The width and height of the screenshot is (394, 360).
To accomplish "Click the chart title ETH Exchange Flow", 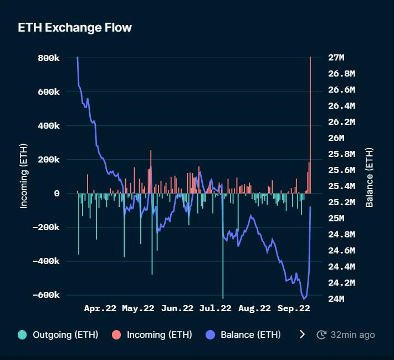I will (x=75, y=27).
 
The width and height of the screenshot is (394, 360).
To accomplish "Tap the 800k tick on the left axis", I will (x=49, y=58).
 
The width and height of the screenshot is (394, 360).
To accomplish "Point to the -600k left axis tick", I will (x=46, y=295).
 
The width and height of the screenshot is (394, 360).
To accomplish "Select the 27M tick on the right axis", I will (x=336, y=58).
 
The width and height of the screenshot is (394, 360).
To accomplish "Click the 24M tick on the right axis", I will (x=336, y=299).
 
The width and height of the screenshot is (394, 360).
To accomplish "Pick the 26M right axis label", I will (x=336, y=138).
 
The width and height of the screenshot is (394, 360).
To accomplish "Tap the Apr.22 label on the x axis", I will (x=99, y=308).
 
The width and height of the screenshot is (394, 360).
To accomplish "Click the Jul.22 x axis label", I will (x=215, y=308).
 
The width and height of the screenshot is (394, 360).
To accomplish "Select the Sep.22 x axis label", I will (x=293, y=308).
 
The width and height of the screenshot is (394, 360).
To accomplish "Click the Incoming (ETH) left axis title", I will (x=24, y=176).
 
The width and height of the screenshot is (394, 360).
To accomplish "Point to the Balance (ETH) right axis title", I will (x=369, y=178).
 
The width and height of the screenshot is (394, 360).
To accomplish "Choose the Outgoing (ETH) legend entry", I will (x=58, y=334).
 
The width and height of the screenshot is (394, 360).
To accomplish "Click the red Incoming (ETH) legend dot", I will (x=116, y=334).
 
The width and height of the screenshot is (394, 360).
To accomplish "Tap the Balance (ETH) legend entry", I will (x=244, y=334).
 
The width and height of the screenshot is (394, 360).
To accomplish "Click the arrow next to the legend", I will (x=302, y=334).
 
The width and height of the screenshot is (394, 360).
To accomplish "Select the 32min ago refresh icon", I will (x=321, y=334).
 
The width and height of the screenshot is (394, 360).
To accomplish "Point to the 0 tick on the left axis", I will (x=57, y=193).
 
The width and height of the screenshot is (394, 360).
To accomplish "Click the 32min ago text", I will (x=352, y=334).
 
